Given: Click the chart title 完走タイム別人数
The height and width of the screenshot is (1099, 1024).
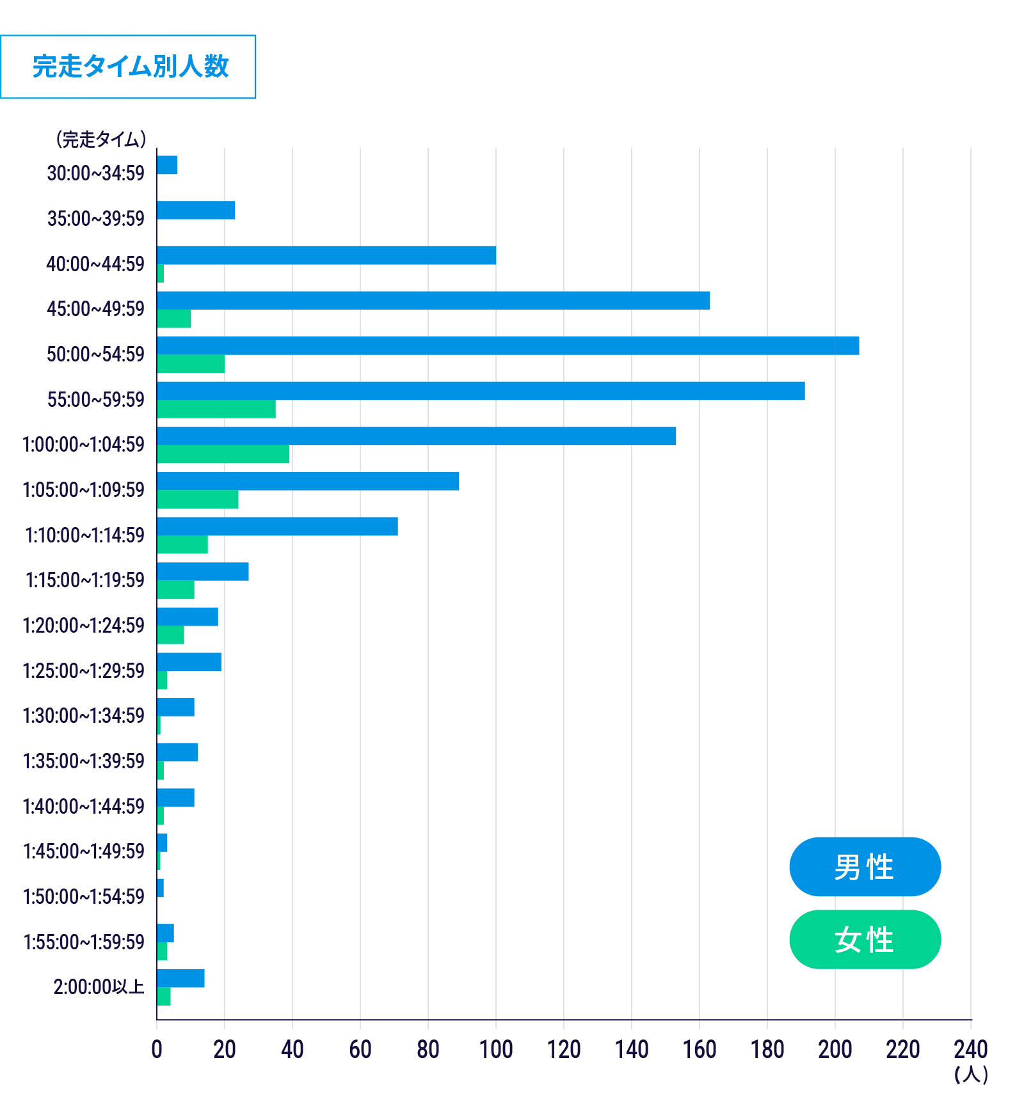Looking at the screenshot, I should pos(130,67).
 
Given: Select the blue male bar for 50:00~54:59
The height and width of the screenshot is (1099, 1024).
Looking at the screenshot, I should pos(508,345).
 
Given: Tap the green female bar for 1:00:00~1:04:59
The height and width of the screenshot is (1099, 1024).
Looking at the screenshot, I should pos(223,454).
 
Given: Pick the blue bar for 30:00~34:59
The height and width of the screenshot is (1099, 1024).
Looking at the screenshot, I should pos(167,165).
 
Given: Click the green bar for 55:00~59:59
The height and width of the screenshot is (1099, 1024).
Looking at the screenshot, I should pos(216,409).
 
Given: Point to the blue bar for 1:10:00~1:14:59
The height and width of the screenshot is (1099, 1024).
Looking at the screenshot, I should pos(277,526).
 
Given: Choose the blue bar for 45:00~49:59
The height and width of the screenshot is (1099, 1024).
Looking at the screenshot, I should pos(433,301).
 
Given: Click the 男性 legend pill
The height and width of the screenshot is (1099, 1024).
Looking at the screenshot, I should pos(865,867).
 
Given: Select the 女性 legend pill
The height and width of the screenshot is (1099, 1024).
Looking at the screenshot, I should pos(865,939).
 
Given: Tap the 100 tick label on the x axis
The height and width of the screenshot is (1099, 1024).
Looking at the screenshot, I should pos(496,1050).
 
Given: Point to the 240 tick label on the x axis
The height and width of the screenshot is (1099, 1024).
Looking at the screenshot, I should pos(970,1050).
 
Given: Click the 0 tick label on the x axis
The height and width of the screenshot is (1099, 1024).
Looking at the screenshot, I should pos(157,1050).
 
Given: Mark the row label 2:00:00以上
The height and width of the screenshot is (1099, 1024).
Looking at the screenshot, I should pos(99,987).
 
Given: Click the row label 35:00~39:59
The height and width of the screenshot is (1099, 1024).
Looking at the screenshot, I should pos(96,219).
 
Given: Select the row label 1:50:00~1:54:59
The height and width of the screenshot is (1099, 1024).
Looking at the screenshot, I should pos(84,897).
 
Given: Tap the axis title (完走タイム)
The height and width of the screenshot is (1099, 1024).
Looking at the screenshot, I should pos(101,139).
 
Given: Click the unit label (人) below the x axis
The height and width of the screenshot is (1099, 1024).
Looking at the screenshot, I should pos(971,1074).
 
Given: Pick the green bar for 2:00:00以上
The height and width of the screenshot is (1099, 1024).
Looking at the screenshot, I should pos(164,997).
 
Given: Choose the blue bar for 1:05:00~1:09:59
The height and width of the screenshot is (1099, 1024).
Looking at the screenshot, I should pos(308,481).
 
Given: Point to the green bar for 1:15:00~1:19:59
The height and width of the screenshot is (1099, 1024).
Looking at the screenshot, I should pos(175,590).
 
